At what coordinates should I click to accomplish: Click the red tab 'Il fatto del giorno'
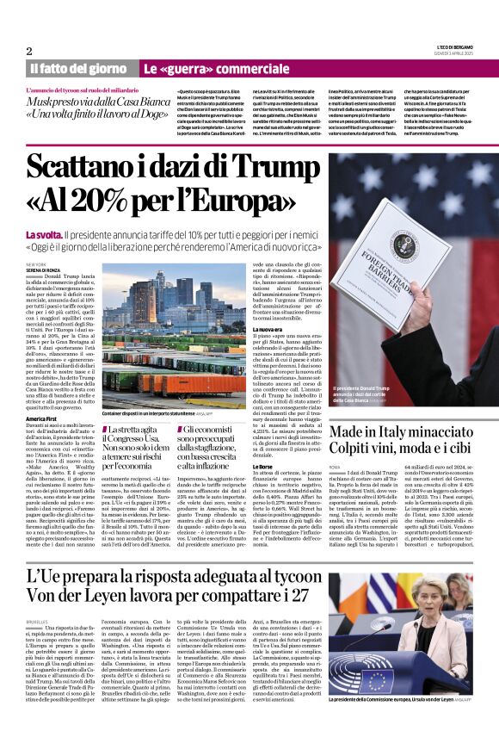pos(78,68)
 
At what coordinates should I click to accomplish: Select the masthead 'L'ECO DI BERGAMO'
pos(451,47)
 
